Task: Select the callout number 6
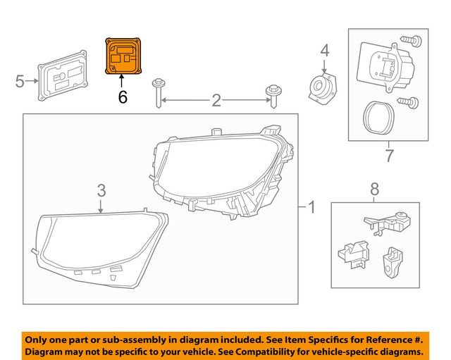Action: point(123,97)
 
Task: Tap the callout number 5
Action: point(20,82)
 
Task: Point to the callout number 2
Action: point(216,101)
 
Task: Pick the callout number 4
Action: point(325,51)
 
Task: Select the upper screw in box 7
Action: point(409,41)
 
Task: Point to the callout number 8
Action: point(374,188)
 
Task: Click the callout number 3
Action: point(101,190)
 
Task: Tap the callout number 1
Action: point(312,208)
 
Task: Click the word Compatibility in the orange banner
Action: point(272,350)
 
